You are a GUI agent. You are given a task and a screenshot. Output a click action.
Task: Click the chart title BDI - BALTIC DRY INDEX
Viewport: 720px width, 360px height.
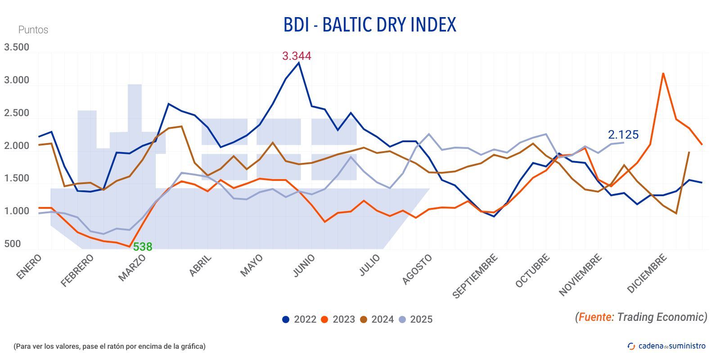[369, 25]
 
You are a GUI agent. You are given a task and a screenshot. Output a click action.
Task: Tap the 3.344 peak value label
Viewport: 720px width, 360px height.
[296, 56]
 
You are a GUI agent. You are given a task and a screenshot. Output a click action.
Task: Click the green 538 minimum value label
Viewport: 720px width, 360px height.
[142, 247]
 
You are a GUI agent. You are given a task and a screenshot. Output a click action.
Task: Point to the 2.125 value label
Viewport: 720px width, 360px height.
[623, 135]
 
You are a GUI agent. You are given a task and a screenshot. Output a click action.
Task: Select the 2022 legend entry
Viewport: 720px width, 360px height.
[299, 319]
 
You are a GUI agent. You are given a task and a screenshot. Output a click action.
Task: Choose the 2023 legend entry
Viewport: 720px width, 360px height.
[338, 319]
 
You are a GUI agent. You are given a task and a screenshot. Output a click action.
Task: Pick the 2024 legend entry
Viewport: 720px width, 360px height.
[377, 319]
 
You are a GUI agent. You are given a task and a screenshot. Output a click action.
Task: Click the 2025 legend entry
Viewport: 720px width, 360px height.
[415, 319]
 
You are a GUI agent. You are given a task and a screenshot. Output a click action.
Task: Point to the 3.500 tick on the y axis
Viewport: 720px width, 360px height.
[17, 47]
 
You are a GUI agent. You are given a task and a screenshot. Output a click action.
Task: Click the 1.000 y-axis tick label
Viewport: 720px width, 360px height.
[17, 211]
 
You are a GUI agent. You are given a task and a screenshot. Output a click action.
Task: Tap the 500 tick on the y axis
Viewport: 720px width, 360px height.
[13, 244]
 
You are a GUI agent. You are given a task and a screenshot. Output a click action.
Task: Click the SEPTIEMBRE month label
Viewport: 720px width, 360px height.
[475, 276]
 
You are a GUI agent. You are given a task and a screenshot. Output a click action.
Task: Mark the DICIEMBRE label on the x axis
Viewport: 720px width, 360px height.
[647, 273]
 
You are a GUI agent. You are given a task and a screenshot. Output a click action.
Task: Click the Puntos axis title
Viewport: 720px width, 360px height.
[33, 30]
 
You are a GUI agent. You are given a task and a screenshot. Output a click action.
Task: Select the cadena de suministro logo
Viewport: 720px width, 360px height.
[666, 346]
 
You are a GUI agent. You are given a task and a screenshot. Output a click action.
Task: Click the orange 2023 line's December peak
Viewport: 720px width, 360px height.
[663, 73]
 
